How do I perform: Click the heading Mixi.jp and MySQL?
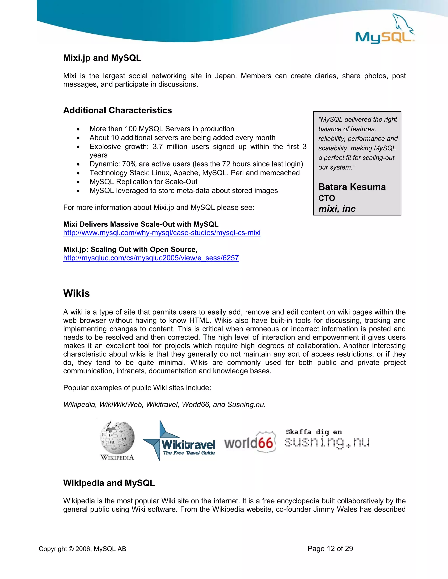click(102, 58)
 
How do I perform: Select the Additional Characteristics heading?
click(117, 110)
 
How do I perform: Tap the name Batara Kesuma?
click(352, 187)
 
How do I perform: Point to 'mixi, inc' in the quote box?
click(337, 209)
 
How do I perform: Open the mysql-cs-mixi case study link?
click(162, 233)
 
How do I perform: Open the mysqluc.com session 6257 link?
click(151, 258)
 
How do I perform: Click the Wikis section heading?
click(76, 293)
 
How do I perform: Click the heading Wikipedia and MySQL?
click(109, 483)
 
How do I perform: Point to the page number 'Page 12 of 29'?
click(330, 548)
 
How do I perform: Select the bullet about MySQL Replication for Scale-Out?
click(143, 182)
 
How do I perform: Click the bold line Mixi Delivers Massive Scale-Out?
click(141, 224)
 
